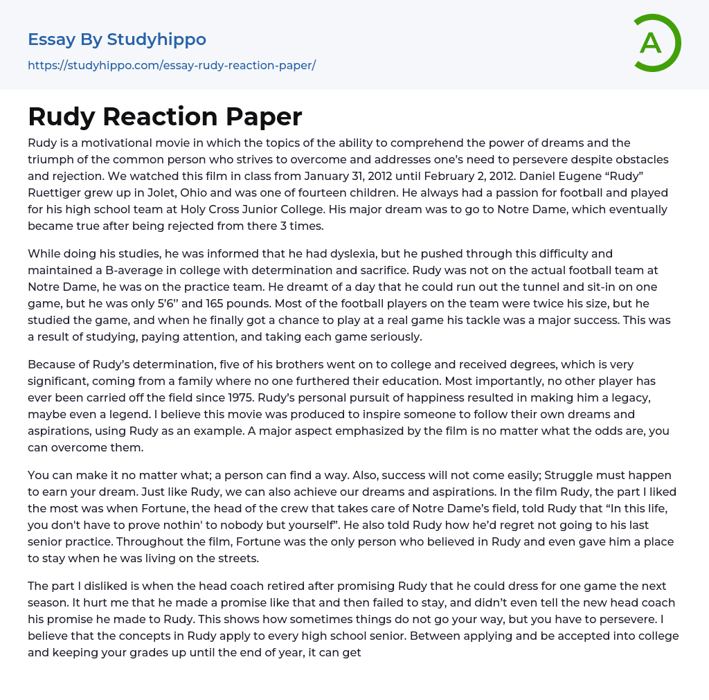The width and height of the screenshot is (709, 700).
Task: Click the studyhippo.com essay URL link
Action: pos(172,66)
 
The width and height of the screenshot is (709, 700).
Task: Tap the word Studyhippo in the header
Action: pos(156,39)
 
